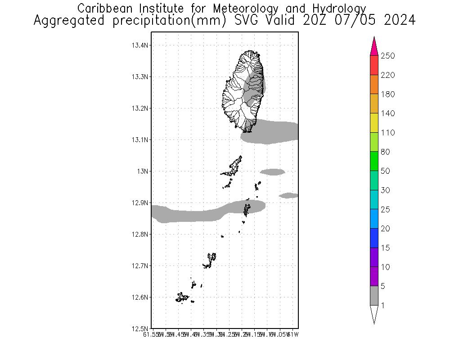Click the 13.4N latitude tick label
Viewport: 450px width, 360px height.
tap(139, 45)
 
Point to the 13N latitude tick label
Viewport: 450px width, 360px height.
tap(143, 171)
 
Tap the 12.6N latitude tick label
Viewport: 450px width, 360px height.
tap(139, 297)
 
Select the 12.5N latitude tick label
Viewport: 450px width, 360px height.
tap(139, 329)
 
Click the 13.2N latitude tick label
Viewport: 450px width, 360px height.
tap(139, 108)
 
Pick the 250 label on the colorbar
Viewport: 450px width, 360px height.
tap(387, 56)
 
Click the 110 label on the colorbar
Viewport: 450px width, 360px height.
tap(387, 133)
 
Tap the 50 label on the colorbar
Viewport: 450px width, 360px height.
tap(385, 171)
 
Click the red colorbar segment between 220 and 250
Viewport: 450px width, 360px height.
tap(374, 65)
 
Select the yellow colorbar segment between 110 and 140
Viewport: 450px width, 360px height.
tap(374, 123)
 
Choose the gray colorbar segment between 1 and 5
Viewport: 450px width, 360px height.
tap(374, 296)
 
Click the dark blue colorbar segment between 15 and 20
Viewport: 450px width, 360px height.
tap(374, 238)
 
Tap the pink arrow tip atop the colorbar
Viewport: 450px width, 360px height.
tap(374, 46)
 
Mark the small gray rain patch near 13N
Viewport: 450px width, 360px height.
tap(272, 171)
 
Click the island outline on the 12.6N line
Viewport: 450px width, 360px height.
tap(182, 297)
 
